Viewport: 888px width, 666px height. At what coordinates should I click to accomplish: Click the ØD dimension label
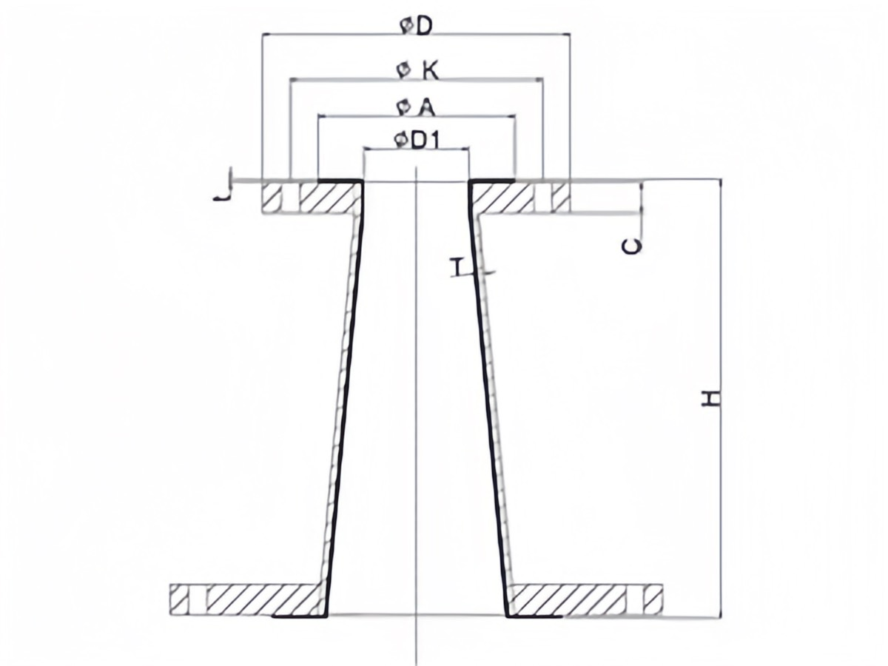tap(416, 27)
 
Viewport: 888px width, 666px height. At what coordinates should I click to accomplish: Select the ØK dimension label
tap(417, 72)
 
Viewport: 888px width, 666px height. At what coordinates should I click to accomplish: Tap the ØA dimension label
tap(416, 108)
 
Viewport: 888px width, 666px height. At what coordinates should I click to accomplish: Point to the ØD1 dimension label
tap(417, 141)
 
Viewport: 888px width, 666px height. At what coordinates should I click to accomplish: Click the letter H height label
tap(710, 398)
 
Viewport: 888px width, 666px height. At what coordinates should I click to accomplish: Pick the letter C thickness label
tap(632, 246)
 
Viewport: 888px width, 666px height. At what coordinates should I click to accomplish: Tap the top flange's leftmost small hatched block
tap(272, 198)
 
